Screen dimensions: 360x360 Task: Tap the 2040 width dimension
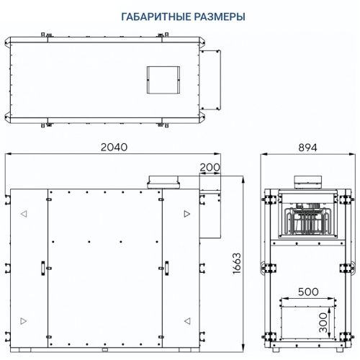(x=113, y=147)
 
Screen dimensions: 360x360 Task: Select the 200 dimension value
(x=210, y=166)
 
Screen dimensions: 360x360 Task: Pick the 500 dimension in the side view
(x=307, y=293)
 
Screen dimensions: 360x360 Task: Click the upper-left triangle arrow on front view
(x=24, y=214)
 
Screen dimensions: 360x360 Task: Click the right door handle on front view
(x=164, y=267)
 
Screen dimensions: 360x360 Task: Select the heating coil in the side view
(x=307, y=223)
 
